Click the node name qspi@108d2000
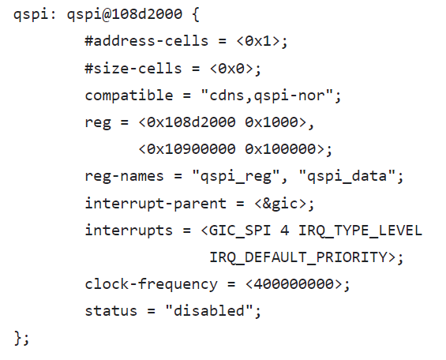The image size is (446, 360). [125, 14]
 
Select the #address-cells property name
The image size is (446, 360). [147, 41]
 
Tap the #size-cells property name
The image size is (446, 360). [133, 68]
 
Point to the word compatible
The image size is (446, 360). [129, 95]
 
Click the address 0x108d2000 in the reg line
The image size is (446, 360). [191, 122]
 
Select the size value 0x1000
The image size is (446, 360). [272, 122]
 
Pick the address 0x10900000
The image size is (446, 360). [191, 149]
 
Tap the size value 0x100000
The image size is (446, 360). [280, 149]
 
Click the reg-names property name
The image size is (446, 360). [124, 176]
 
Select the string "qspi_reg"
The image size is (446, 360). [236, 176]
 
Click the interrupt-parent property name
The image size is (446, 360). [156, 204]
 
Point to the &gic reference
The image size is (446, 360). [280, 204]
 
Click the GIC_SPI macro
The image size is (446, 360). [240, 231]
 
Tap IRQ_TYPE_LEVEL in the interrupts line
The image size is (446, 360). [360, 231]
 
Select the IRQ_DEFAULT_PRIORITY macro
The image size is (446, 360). [298, 257]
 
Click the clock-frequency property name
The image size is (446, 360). [151, 284]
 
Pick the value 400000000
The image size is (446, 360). [294, 284]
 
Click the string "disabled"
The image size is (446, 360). [209, 311]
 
